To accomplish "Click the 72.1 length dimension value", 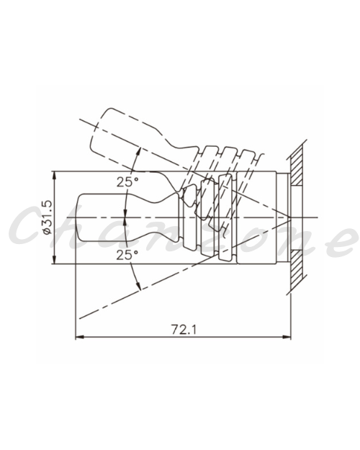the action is click(x=184, y=330).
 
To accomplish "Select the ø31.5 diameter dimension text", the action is click(x=47, y=217).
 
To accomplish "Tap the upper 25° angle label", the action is click(x=127, y=182).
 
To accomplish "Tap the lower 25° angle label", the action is click(x=127, y=255).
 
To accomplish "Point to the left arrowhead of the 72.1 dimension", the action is click(x=79, y=337).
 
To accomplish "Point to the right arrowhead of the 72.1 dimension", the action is click(x=287, y=337).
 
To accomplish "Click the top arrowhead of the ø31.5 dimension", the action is click(x=55, y=176).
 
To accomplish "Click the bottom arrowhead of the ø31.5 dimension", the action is click(x=55, y=259).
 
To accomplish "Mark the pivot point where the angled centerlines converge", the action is click(x=290, y=218).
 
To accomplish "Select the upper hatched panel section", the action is click(x=297, y=164).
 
